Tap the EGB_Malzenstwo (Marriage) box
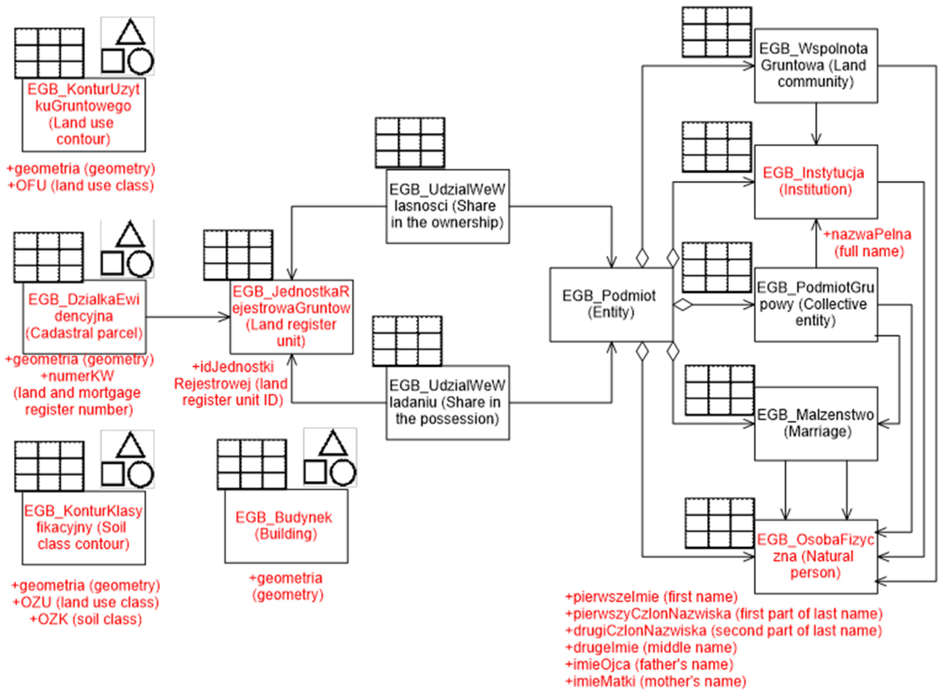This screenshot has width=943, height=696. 816,424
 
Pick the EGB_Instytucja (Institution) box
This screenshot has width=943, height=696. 816,182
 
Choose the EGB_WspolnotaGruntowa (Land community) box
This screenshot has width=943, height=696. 816,65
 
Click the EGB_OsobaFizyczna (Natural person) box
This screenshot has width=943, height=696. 816,556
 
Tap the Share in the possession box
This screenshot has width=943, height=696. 447,402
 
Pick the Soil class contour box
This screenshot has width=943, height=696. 83,527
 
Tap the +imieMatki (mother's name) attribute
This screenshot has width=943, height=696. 655,681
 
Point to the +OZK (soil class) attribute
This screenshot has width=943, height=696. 86,619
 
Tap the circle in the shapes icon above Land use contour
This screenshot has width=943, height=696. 140,61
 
